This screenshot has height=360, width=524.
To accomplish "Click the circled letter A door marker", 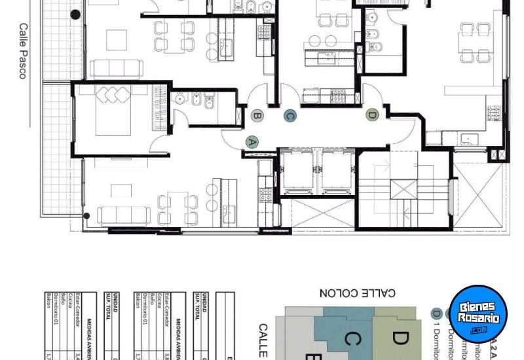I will (x=252, y=141).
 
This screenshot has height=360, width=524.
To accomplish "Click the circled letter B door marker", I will (x=257, y=116).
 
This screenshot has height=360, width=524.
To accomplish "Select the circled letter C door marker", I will (x=290, y=116).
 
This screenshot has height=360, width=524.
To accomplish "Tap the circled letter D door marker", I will (x=372, y=115).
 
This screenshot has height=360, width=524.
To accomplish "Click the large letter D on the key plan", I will (x=400, y=338).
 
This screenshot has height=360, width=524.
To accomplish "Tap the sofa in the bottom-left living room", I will (x=124, y=215).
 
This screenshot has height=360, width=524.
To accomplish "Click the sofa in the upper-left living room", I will (x=117, y=68).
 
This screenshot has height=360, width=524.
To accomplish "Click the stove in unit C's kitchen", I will (x=338, y=97).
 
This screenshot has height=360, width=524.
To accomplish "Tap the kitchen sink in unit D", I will (x=468, y=138).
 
